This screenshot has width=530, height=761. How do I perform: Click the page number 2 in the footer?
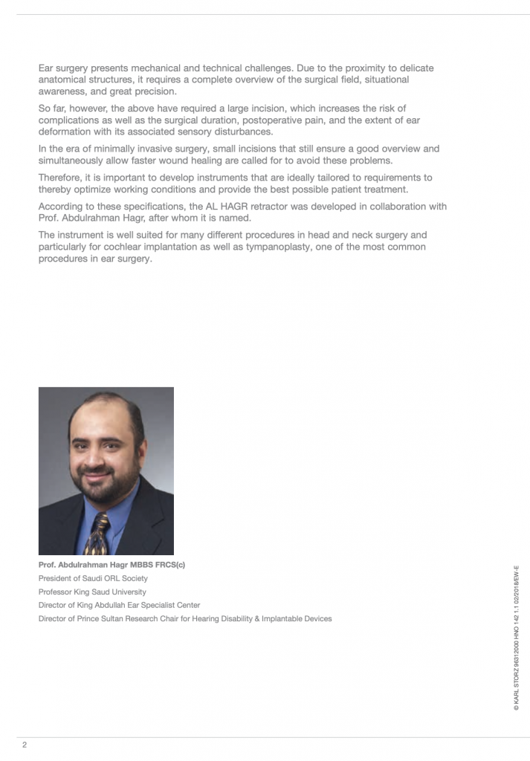point(25,745)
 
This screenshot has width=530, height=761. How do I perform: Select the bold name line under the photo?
point(112,565)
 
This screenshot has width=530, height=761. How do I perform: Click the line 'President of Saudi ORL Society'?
point(93,578)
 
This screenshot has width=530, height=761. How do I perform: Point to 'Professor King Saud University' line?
point(92,592)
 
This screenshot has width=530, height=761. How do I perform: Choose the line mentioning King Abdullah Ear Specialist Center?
point(119,605)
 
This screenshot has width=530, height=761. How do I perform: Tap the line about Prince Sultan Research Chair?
point(185,618)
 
